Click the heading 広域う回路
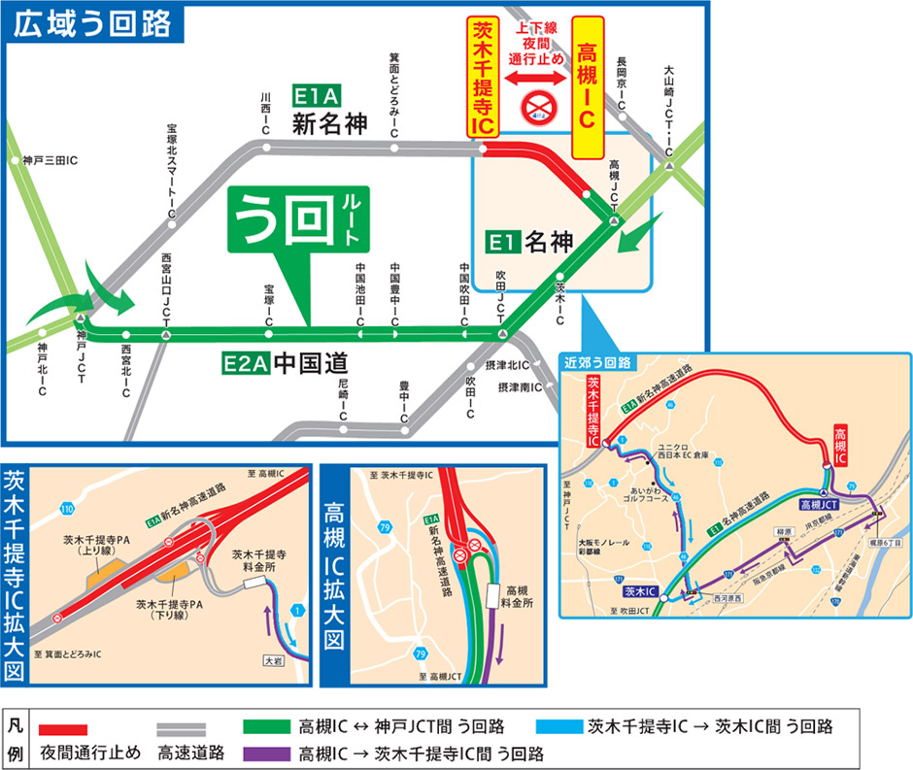click(x=91, y=21)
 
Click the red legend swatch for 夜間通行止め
click(x=64, y=727)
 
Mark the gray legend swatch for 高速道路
click(x=183, y=727)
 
